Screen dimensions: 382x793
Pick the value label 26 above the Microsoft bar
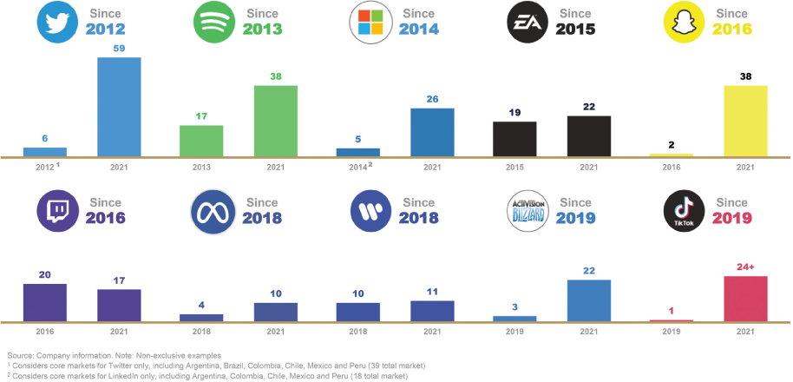(431, 99)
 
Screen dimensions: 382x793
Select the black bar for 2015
(514, 139)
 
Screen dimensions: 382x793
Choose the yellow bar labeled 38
(745, 121)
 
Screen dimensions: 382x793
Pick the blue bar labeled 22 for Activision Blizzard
(589, 300)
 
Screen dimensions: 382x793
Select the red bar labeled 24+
(745, 299)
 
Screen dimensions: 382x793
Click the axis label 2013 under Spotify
(201, 167)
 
